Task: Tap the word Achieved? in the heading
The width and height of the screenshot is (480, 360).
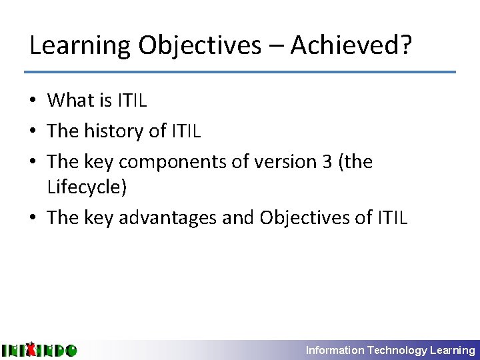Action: (x=351, y=45)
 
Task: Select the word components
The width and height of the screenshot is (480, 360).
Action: (x=175, y=162)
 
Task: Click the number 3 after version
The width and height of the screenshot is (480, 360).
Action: (x=327, y=162)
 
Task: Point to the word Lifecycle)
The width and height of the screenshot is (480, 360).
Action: (x=87, y=187)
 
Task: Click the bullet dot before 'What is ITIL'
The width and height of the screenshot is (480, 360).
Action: (x=33, y=101)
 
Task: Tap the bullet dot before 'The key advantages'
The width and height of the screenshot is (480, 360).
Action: (x=33, y=219)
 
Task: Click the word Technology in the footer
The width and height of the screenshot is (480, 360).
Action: (x=397, y=350)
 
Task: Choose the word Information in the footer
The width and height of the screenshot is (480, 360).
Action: (x=335, y=350)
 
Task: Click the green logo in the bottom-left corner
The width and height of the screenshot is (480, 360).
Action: (x=39, y=349)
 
